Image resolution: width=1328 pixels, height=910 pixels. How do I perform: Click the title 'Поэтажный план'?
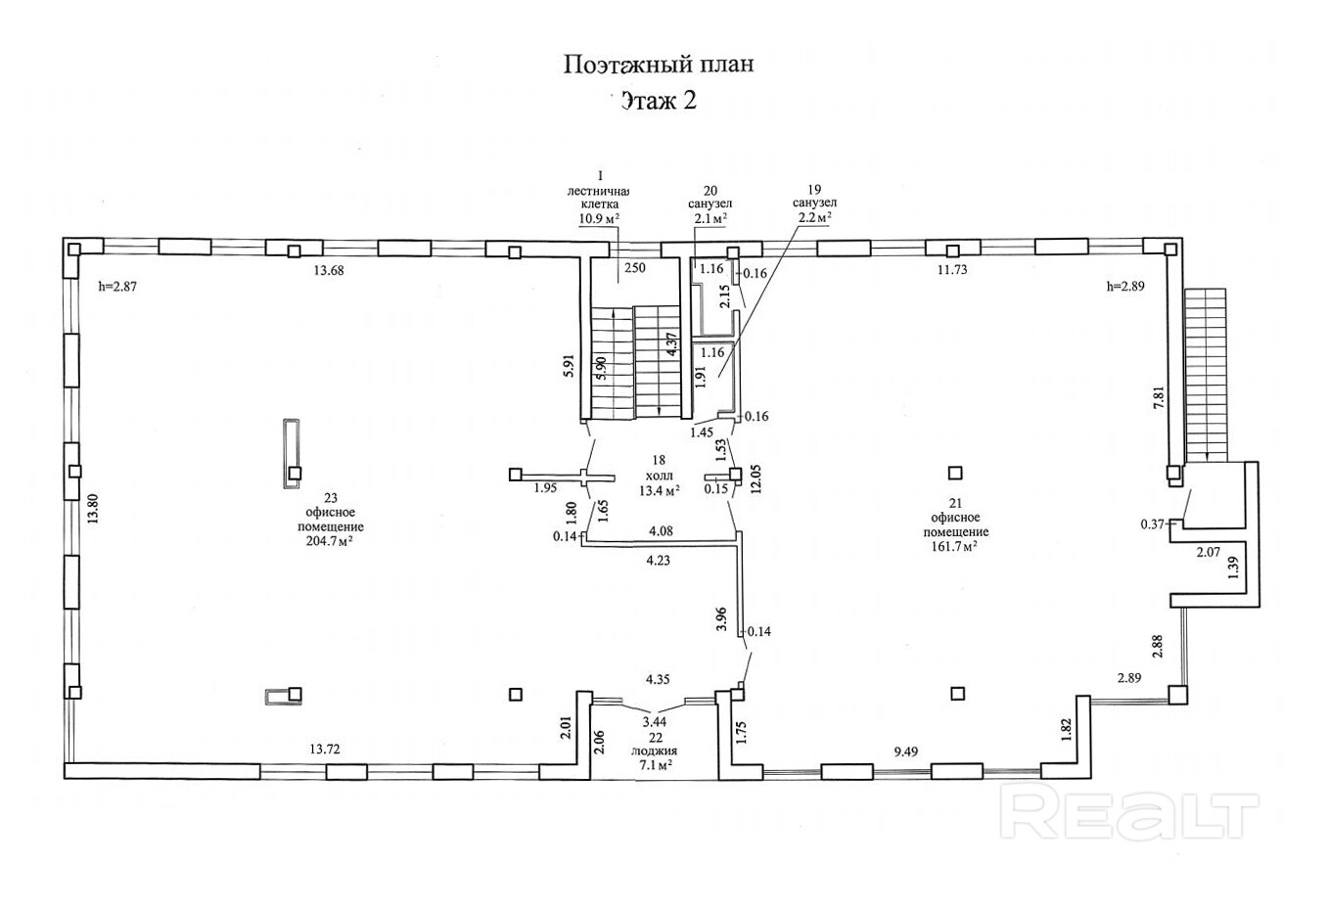[659, 65]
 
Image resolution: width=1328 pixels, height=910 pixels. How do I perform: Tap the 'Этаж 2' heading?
[659, 100]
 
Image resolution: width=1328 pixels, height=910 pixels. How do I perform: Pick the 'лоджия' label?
[661, 751]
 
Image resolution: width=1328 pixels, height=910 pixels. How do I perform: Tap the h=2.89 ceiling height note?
[1124, 287]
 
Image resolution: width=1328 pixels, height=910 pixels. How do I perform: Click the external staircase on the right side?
[1205, 372]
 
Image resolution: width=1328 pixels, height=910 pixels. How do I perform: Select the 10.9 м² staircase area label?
[603, 218]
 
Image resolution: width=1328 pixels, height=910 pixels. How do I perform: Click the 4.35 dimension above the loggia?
[656, 678]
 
